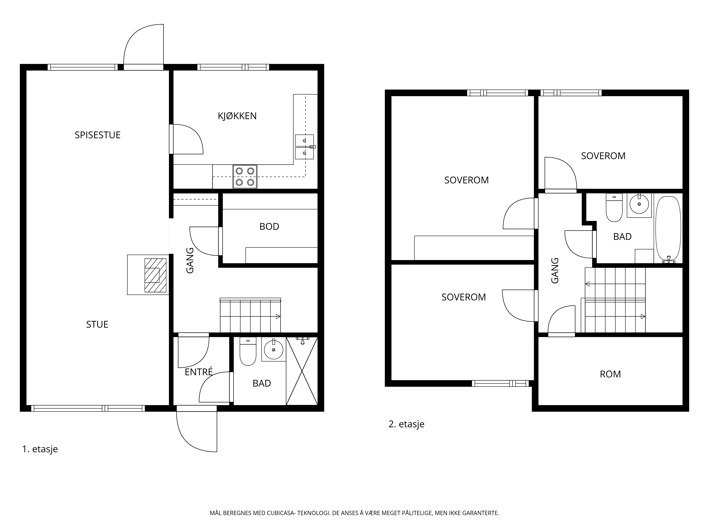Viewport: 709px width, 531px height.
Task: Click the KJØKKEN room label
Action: pyautogui.click(x=237, y=116)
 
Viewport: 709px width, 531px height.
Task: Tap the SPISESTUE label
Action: pyautogui.click(x=97, y=135)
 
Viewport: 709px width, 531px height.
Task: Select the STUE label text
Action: pyautogui.click(x=97, y=325)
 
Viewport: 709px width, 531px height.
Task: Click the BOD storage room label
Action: pyautogui.click(x=269, y=227)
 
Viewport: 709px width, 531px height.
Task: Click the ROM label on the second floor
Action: pyautogui.click(x=610, y=374)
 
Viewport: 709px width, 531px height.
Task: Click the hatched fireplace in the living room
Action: pyautogui.click(x=155, y=275)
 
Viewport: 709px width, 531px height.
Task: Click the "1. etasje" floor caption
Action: pyautogui.click(x=40, y=449)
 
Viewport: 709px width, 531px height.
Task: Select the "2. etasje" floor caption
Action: pyautogui.click(x=406, y=424)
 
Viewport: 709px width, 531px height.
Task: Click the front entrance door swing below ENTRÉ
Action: pyautogui.click(x=196, y=432)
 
